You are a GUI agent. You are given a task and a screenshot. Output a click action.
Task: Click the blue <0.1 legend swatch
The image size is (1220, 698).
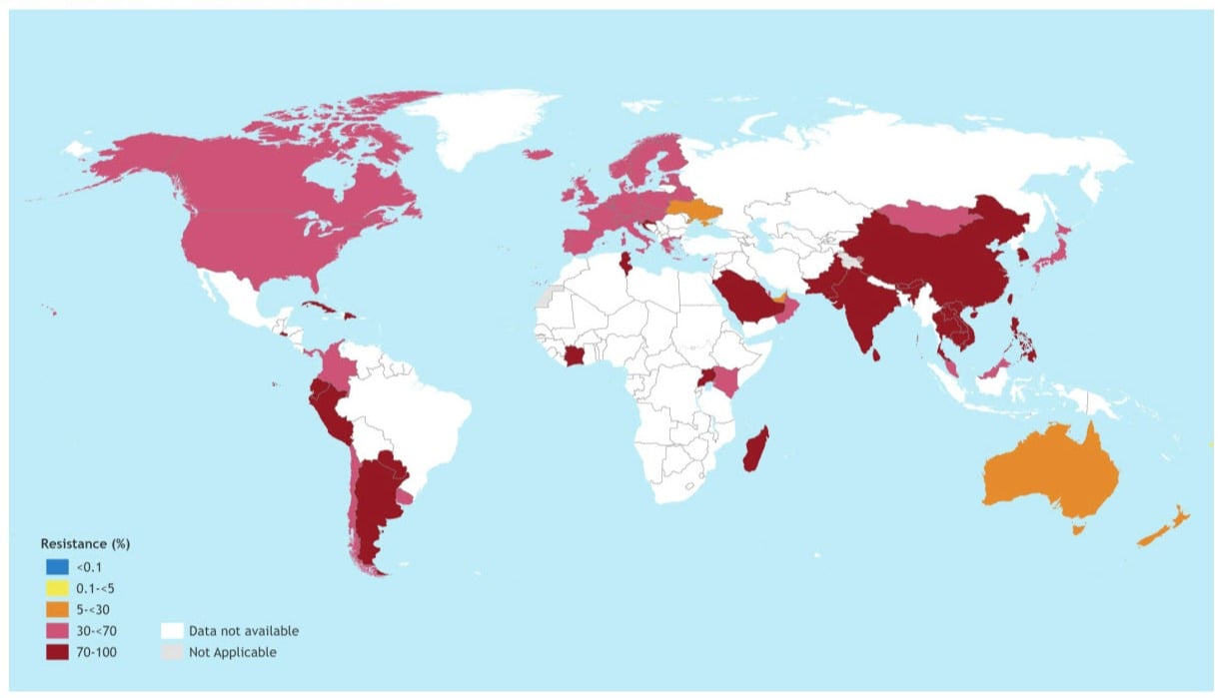coord(55,567)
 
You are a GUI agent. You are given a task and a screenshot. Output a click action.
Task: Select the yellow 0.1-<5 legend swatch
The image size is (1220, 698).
coord(55,588)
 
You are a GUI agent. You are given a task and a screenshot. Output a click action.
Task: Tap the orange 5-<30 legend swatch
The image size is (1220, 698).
coord(55,609)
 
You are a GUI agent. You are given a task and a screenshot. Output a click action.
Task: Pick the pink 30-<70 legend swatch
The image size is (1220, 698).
coord(55,631)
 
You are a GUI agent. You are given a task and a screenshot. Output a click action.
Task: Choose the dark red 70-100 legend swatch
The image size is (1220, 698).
coord(55,652)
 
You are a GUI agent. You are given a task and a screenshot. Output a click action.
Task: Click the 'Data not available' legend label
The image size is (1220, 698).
coord(243,631)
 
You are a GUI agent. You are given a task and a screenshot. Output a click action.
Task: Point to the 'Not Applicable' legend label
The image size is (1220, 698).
coord(232,652)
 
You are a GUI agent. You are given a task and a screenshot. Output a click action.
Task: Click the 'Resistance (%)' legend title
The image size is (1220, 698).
coord(85,544)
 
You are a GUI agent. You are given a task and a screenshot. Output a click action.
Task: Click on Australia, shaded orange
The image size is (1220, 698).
coord(1044,474)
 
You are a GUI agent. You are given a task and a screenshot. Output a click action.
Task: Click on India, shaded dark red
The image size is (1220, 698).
coord(854,310)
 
